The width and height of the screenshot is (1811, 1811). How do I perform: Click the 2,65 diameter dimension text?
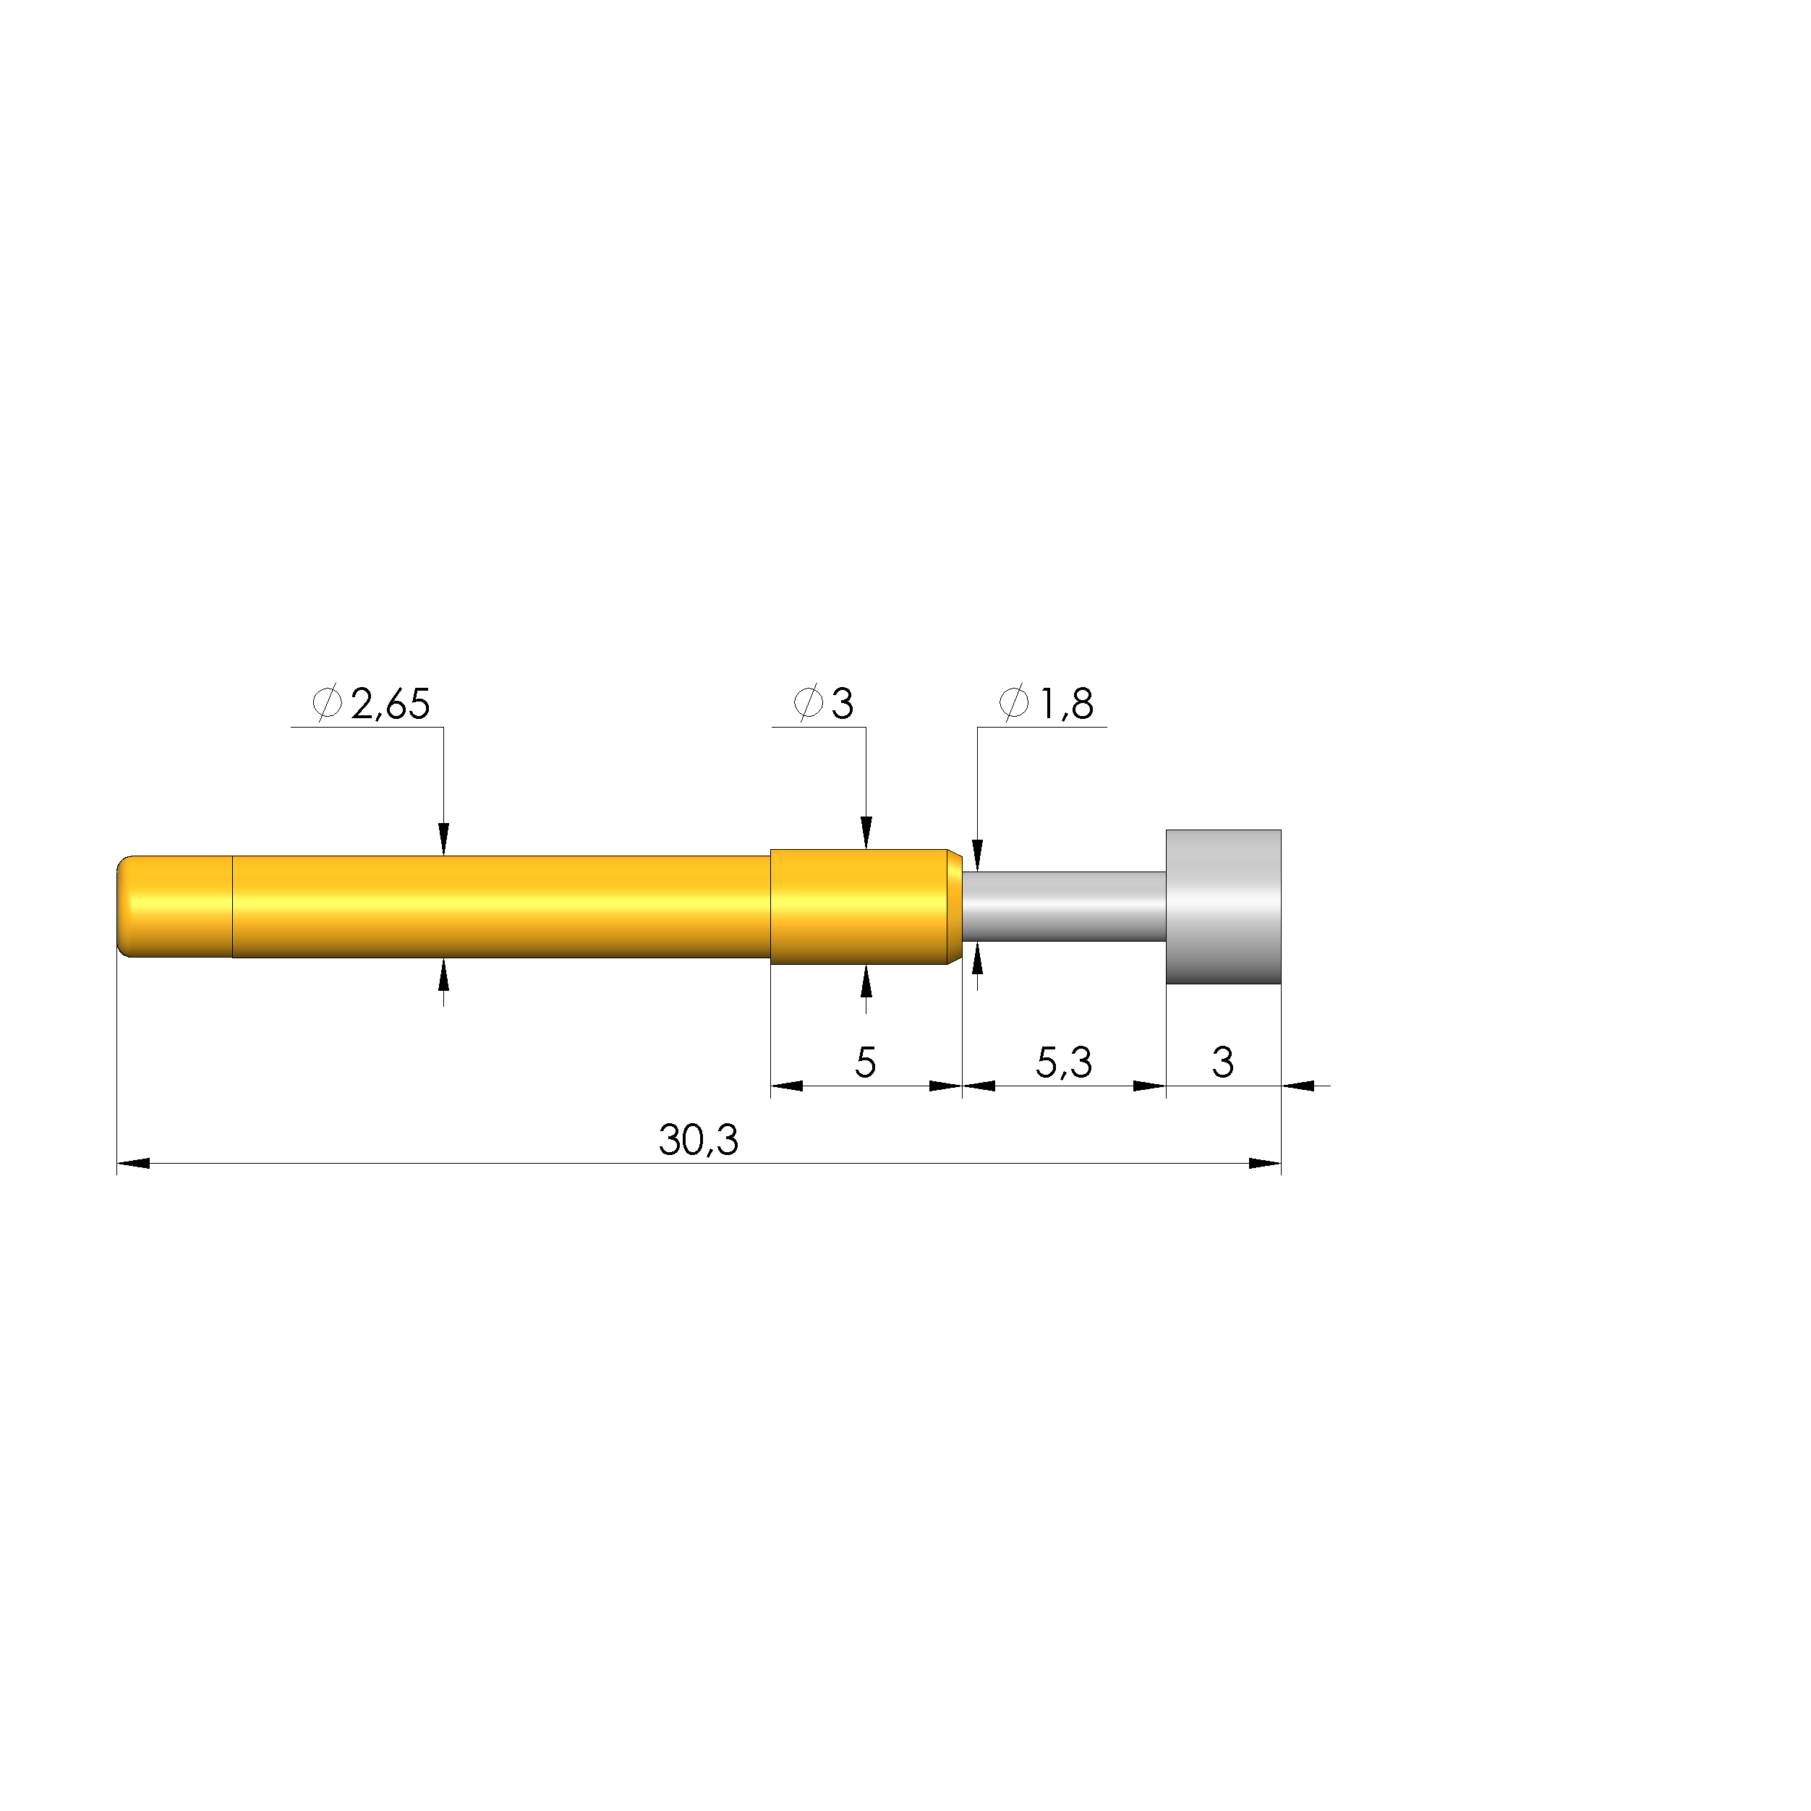(390, 704)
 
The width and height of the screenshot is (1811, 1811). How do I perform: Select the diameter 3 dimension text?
(843, 704)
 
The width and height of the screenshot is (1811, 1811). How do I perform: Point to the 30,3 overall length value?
(699, 1141)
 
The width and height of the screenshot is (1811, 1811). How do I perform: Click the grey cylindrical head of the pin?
(1223, 906)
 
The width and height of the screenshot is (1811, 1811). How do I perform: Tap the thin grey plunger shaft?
(1064, 906)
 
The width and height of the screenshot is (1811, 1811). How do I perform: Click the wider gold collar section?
(858, 906)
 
